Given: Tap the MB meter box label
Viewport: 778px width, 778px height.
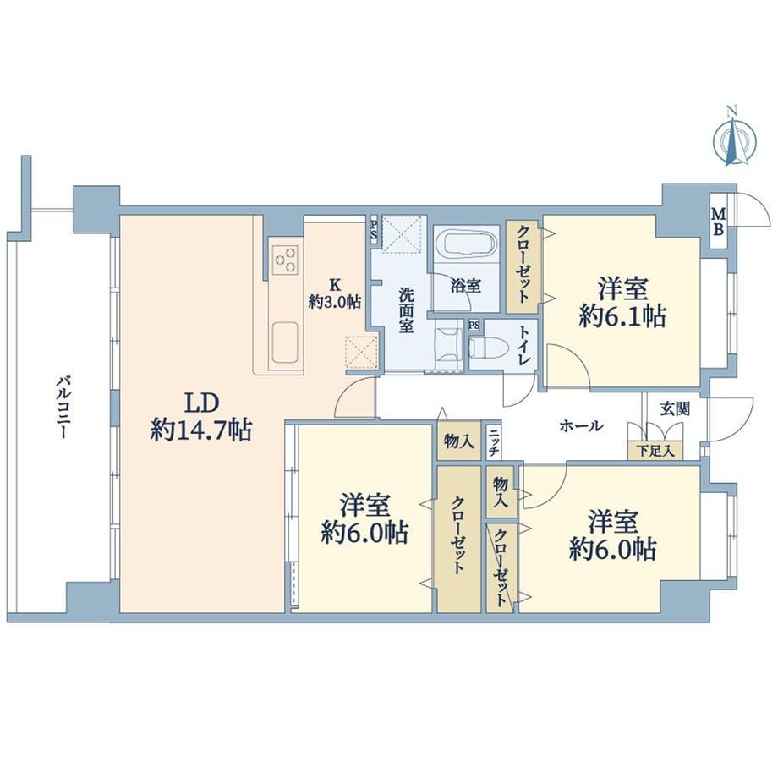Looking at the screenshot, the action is click(719, 222).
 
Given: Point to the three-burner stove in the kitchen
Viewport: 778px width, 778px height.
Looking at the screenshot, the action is click(286, 260).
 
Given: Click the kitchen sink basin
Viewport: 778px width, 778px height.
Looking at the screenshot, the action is click(285, 342).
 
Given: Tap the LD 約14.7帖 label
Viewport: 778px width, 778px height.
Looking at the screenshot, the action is click(201, 416).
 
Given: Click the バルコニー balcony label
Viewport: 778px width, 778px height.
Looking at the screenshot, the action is click(62, 408).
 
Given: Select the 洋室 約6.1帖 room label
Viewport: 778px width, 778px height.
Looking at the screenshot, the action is click(622, 302).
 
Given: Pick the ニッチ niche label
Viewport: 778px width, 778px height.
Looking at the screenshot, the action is click(493, 441).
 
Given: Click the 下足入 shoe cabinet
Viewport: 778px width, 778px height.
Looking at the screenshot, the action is click(655, 451).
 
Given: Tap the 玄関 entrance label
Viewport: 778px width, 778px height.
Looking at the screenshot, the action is click(674, 408).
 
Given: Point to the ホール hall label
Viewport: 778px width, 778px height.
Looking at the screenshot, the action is click(581, 425).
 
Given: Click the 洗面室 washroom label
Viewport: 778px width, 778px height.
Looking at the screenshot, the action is click(406, 310).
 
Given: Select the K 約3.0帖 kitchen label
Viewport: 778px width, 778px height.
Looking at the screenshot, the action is click(335, 293).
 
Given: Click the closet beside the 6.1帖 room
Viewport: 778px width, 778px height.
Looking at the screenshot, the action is click(523, 266).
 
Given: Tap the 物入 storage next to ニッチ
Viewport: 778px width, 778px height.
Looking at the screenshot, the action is click(459, 441).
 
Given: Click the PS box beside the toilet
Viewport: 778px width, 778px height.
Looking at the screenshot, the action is click(474, 326).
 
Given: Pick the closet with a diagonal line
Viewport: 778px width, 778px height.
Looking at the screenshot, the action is click(500, 565).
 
